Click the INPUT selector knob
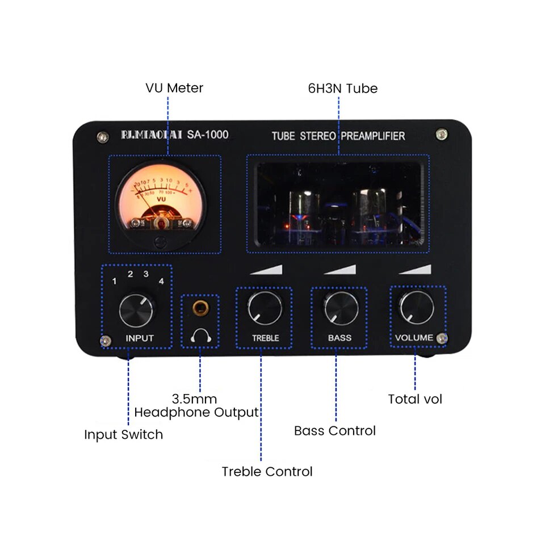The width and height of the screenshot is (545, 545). coord(137,310)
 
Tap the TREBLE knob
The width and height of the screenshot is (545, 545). coord(265,308)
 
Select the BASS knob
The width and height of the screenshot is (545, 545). coord(341,308)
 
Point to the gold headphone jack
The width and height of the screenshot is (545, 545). coord(200,308)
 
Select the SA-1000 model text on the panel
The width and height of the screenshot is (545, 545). coord(208,135)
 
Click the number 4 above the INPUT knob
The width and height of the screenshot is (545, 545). coord(162,281)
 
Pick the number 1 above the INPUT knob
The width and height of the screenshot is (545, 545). coord(115,281)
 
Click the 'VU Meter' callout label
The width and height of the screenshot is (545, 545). coord(174,88)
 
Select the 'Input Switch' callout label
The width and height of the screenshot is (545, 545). coord(123,435)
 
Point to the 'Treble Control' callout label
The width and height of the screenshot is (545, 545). coord(267,471)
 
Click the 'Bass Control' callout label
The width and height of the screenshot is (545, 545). coord(335,431)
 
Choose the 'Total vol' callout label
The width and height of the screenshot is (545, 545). coord(415,399)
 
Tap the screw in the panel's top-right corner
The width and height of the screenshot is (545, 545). coord(441,135)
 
